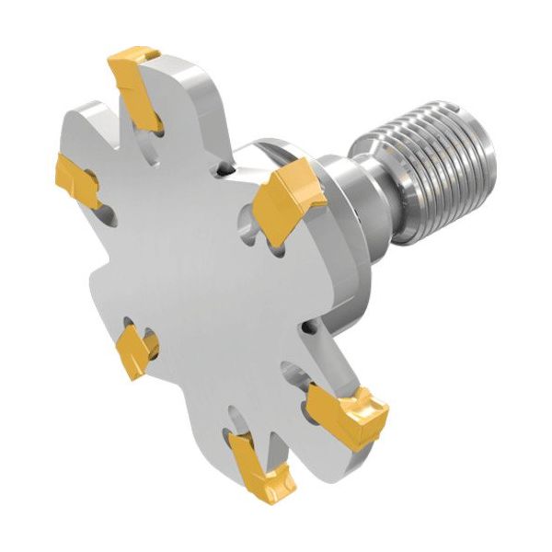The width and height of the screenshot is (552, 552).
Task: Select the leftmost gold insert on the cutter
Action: coord(79,181)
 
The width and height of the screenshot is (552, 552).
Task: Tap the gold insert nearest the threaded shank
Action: coord(288,202)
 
